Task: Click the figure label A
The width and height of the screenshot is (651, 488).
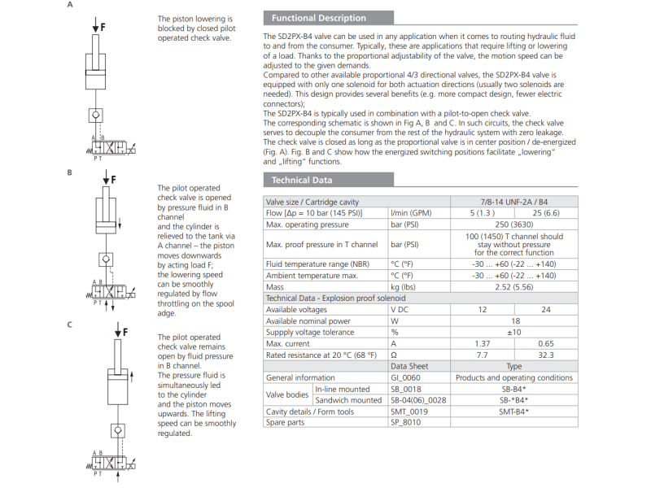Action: click(x=69, y=5)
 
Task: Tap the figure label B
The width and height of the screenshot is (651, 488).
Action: click(x=69, y=172)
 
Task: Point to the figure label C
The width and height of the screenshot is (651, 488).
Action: click(x=69, y=325)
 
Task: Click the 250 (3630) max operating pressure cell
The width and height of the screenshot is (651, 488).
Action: click(x=514, y=224)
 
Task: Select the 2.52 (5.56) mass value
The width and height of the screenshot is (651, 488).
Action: click(x=514, y=287)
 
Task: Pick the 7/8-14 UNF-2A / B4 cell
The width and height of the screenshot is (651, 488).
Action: click(x=514, y=202)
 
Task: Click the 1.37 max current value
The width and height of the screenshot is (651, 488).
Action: click(x=483, y=343)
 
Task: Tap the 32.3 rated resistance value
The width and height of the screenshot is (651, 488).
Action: click(x=546, y=355)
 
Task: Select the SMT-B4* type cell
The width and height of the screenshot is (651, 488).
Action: click(x=514, y=411)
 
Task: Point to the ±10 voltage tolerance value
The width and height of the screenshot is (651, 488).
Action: click(x=514, y=332)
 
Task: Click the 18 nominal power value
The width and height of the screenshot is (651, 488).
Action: click(x=514, y=320)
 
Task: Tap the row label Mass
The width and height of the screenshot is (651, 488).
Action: click(x=275, y=287)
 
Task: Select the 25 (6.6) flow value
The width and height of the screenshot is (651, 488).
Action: click(x=546, y=213)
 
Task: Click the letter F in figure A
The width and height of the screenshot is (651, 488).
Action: click(x=103, y=27)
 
